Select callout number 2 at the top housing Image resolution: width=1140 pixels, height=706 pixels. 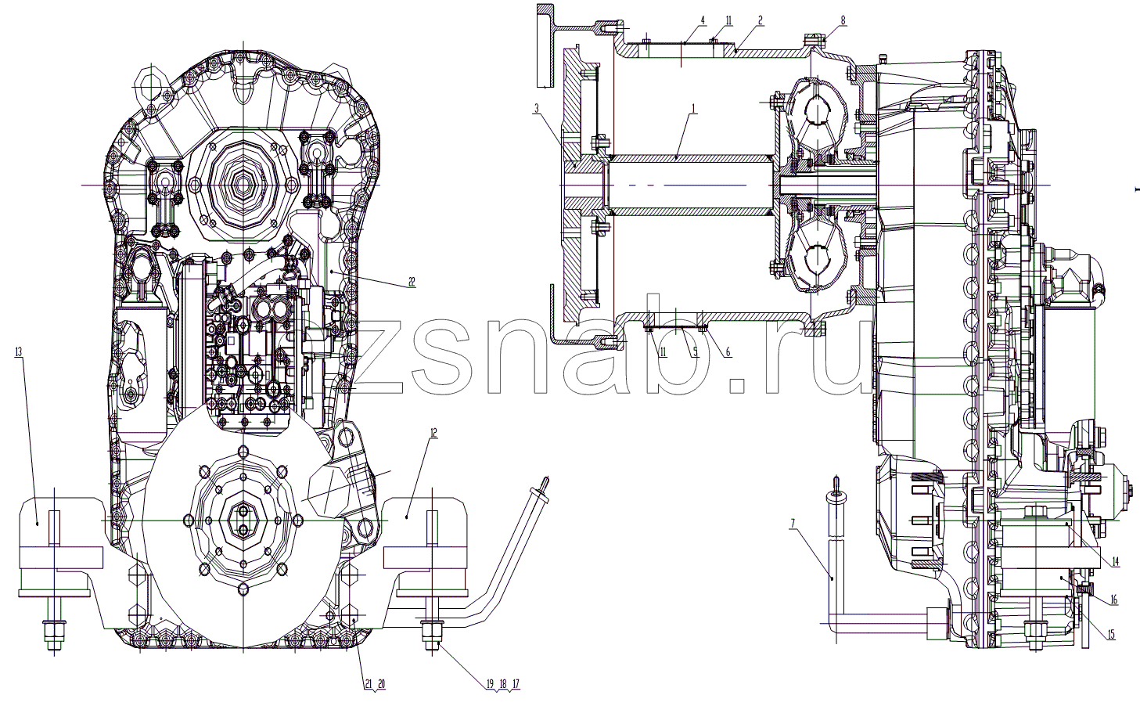(761, 20)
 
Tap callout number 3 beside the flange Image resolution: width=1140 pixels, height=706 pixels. (536, 108)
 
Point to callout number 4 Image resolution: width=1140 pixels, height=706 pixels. (703, 20)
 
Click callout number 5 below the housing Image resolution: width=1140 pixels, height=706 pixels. (696, 351)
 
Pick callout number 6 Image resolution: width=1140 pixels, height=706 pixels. (728, 351)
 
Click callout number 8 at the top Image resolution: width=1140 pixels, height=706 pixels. (843, 20)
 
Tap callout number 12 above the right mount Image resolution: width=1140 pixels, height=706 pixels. (433, 433)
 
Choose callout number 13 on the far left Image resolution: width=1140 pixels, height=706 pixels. (19, 351)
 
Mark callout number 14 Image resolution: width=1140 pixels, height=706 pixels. (1115, 562)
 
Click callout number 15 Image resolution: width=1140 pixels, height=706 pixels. (1110, 635)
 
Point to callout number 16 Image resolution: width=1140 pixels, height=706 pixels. (1113, 600)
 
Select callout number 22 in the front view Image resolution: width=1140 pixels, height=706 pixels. (412, 282)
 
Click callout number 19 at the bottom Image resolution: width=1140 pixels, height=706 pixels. (490, 683)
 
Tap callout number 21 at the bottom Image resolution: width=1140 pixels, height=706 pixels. (369, 683)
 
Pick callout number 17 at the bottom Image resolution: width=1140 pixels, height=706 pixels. (516, 683)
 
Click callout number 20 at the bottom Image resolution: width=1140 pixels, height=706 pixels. (382, 683)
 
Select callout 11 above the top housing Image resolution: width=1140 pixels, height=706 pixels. (728, 20)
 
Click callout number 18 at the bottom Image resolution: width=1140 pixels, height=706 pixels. (503, 683)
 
